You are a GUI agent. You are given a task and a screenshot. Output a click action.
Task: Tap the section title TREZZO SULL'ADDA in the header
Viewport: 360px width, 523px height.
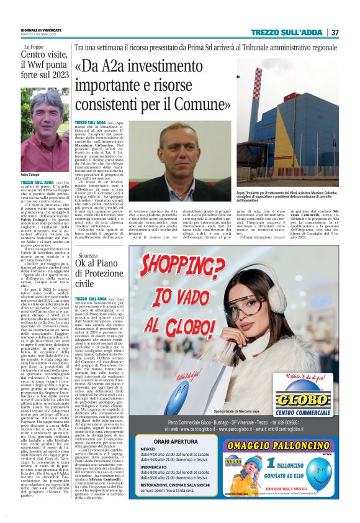[289, 32]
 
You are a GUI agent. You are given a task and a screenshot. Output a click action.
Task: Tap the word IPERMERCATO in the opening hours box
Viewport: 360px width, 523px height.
[158, 482]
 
